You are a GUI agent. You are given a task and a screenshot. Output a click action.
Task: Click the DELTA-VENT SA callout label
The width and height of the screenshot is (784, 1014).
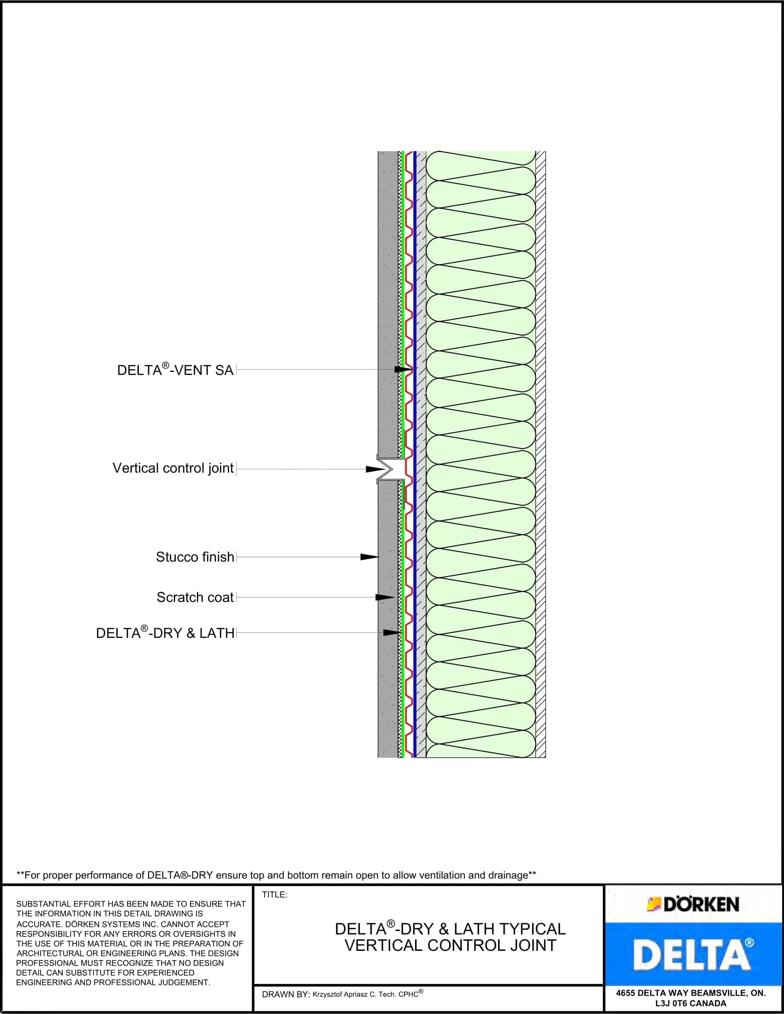[x=175, y=370]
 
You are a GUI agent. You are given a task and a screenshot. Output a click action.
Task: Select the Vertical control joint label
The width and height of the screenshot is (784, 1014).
[x=173, y=468]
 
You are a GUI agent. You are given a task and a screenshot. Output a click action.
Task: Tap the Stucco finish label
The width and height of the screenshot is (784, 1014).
[x=195, y=557]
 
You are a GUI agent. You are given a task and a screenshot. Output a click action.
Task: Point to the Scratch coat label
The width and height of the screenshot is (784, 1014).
[x=195, y=597]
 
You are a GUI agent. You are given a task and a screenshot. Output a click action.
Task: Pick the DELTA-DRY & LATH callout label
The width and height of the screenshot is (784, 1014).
[x=165, y=633]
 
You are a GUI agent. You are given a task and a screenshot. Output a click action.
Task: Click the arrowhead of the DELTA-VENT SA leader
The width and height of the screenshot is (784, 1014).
[x=404, y=370]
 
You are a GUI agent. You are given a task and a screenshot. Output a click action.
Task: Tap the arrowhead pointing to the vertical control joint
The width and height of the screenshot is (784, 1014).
[x=374, y=469]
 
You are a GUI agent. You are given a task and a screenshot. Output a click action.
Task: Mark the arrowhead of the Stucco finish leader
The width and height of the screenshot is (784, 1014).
[x=370, y=557]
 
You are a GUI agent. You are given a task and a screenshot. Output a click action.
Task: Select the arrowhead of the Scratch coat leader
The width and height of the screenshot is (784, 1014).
[x=385, y=597]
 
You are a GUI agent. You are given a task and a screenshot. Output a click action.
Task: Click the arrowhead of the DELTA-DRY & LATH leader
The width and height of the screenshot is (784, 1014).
[x=392, y=632]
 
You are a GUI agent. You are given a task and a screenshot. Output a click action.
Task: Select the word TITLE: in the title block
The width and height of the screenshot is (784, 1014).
[x=274, y=895]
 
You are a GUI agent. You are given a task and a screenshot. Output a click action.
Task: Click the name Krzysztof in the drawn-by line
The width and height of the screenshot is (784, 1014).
[x=329, y=995]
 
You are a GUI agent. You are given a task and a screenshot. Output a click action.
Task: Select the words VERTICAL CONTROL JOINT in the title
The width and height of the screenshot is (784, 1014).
[x=450, y=945]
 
